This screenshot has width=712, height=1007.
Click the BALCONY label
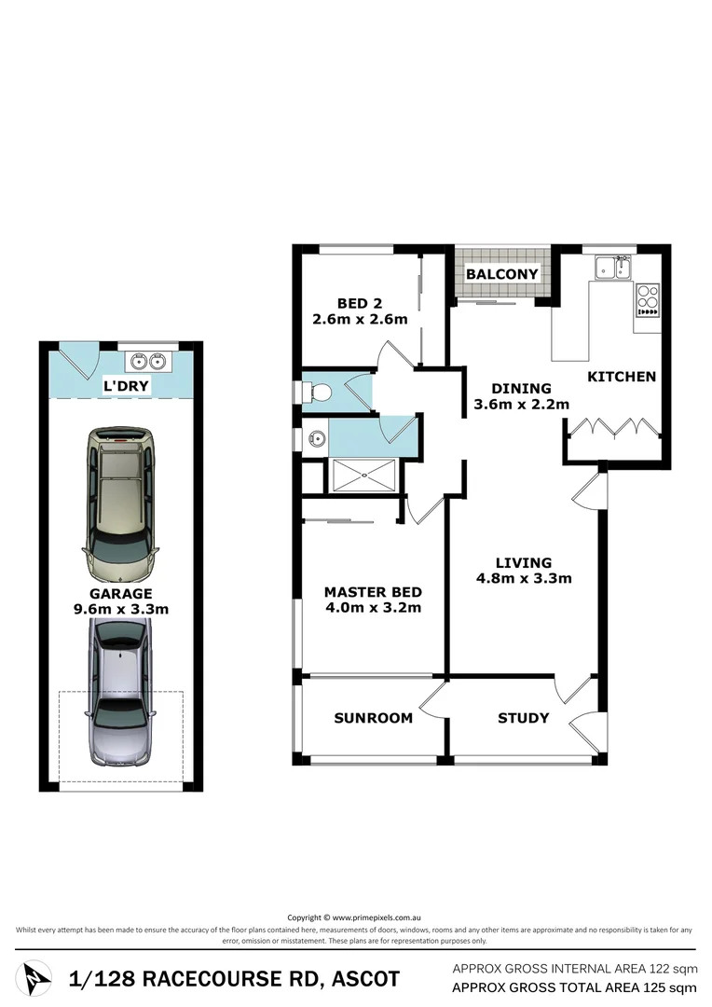coord(502,274)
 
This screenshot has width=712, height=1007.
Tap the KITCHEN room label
coord(622,377)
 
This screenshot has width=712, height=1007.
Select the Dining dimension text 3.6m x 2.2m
coord(512,406)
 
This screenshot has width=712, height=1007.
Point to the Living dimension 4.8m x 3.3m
coord(523,578)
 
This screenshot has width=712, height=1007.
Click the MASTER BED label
coord(373,592)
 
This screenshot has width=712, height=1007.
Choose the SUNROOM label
coord(373,718)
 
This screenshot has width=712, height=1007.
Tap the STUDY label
coord(523,718)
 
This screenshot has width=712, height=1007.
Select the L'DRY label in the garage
coord(127,385)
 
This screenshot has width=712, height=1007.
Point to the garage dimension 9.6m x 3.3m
coord(121,609)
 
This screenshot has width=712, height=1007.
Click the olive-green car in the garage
coord(121,503)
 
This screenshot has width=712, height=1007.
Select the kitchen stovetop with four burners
coord(648,300)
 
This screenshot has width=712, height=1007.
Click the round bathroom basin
coord(316,435)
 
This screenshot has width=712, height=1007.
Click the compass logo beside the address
coord(38,979)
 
